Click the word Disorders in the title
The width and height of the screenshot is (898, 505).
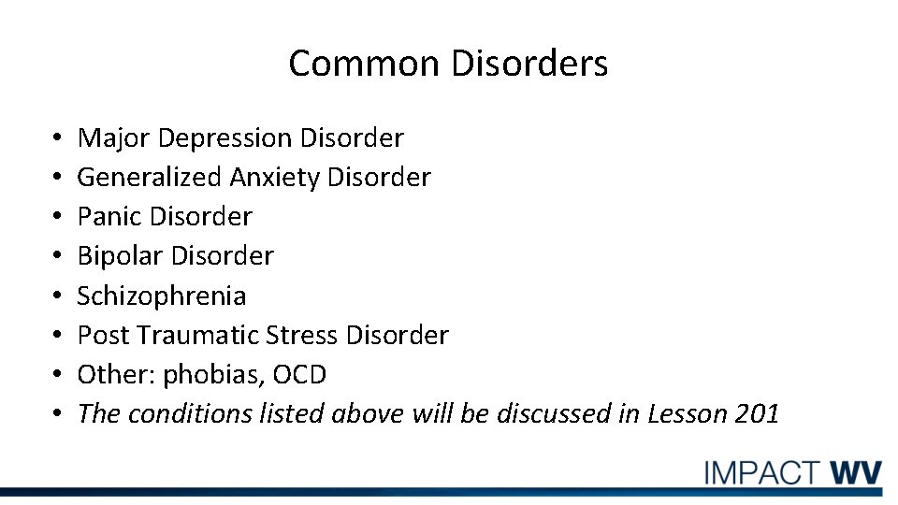click(529, 64)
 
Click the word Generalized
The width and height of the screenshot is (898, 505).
click(150, 177)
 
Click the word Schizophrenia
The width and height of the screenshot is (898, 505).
click(162, 296)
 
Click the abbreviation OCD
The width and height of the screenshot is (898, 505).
click(300, 375)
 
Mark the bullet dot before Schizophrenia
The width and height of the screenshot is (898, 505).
click(58, 296)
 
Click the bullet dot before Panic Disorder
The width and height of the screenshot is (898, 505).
click(58, 217)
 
